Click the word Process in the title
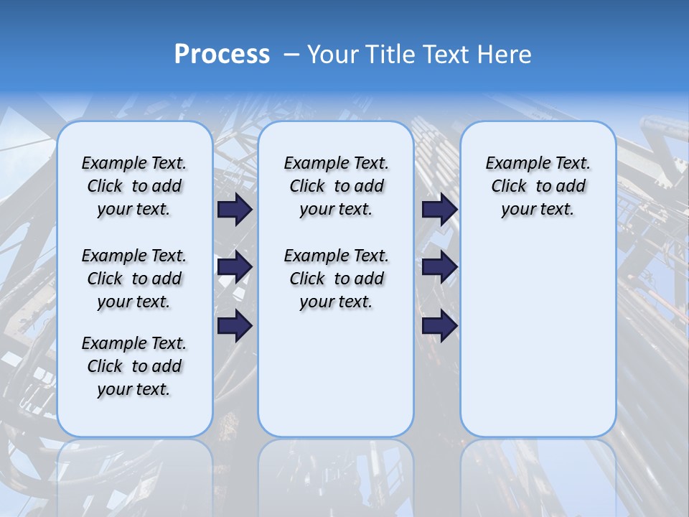tap(222, 55)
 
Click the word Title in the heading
tap(392, 55)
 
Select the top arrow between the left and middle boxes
tap(235, 209)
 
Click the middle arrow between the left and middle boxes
tap(235, 267)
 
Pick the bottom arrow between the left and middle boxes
tap(235, 326)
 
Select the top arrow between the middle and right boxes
tap(439, 209)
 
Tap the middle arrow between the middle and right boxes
tap(439, 267)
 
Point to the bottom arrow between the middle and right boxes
tap(439, 326)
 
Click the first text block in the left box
tap(134, 186)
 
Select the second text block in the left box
tap(134, 279)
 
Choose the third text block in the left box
tap(134, 366)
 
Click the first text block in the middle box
tap(336, 186)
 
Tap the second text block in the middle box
tap(336, 279)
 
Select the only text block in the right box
tap(538, 186)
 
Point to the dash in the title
tap(291, 55)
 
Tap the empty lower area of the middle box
tap(336, 373)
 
